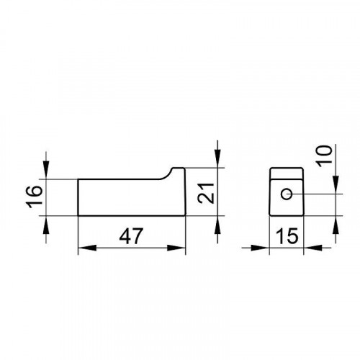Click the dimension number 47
(131, 236)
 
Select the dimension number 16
(34, 197)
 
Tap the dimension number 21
(206, 194)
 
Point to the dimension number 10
(324, 156)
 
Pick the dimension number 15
(287, 236)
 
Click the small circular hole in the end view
(287, 194)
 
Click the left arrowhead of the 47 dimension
(87, 248)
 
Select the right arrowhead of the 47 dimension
(176, 248)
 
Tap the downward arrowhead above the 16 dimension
(46, 170)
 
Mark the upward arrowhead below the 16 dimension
(46, 225)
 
